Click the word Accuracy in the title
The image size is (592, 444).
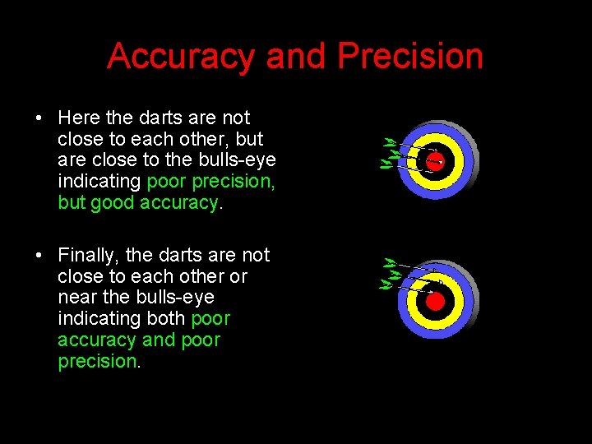[x=181, y=57]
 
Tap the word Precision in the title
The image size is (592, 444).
[x=410, y=57]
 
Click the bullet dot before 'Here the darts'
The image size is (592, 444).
[x=39, y=118]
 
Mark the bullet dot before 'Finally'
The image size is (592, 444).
[x=39, y=256]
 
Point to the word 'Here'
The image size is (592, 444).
[x=78, y=118]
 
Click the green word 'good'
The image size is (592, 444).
[x=112, y=202]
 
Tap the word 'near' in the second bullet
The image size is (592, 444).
[x=78, y=297]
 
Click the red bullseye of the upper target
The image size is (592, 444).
[x=435, y=160]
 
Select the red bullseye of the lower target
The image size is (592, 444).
[x=435, y=301]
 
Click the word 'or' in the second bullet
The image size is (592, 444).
[x=238, y=276]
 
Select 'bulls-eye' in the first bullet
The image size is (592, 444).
[x=239, y=160]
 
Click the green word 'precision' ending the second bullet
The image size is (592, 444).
[x=96, y=361]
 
